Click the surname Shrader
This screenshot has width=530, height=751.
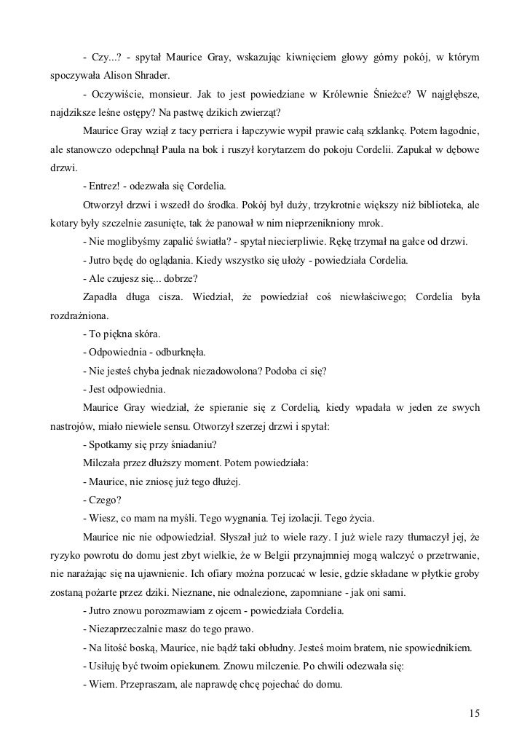pos(151,75)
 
